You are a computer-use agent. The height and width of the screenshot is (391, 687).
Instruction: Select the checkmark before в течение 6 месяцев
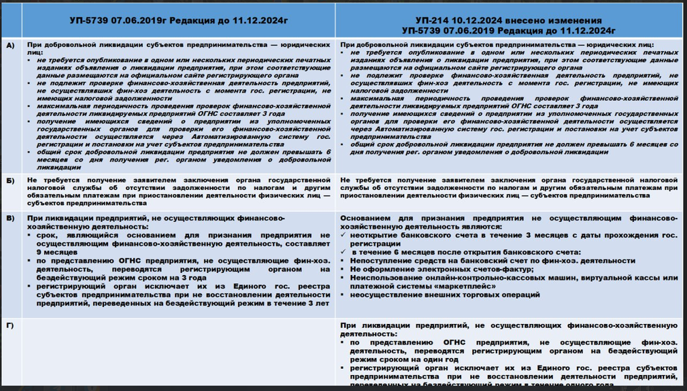click(344, 252)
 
